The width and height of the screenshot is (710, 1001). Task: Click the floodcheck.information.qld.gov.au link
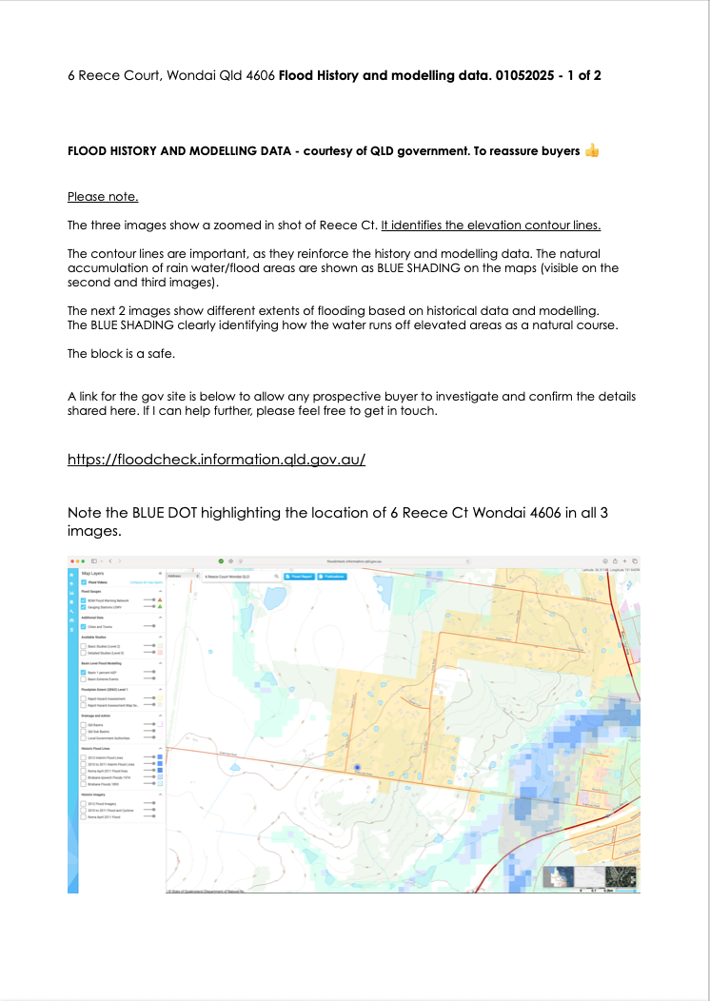[x=216, y=460]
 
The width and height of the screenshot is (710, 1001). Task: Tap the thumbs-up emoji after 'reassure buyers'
[x=592, y=150]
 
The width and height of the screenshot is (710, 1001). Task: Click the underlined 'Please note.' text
[x=103, y=197]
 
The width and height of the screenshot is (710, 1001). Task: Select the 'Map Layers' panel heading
[x=93, y=575]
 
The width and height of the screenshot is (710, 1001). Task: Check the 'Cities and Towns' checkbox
[x=84, y=627]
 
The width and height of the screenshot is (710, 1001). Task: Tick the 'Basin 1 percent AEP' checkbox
[x=84, y=673]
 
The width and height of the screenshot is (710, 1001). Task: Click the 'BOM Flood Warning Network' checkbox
[x=84, y=600]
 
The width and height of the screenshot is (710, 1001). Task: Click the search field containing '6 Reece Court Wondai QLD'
[x=233, y=576]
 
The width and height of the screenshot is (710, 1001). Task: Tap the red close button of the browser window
[x=70, y=561]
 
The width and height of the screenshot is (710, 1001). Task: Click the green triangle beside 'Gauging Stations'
[x=161, y=607]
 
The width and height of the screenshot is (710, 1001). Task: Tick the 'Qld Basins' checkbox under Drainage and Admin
[x=84, y=725]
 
